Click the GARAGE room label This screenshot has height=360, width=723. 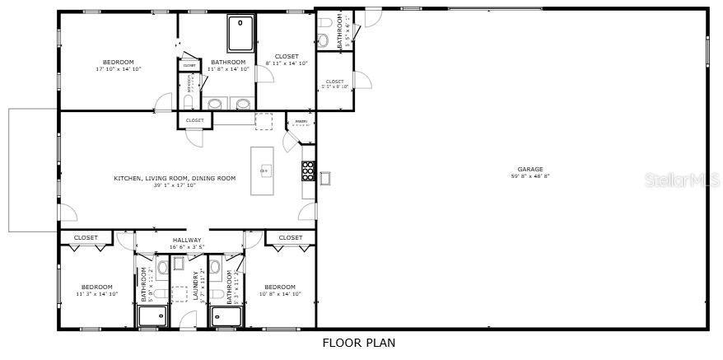click(x=530, y=169)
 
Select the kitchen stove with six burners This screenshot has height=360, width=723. click(x=308, y=171)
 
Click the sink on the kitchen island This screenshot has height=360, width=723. click(x=266, y=171)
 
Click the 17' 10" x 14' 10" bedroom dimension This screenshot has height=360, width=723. click(x=119, y=69)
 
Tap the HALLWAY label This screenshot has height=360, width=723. click(x=186, y=240)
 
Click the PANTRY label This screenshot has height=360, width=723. click(x=301, y=123)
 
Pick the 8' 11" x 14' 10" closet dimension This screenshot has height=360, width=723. click(x=287, y=63)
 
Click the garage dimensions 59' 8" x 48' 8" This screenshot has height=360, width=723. click(x=530, y=175)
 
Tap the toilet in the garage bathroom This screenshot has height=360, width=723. click(x=324, y=40)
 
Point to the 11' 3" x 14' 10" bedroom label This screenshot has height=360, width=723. click(x=97, y=293)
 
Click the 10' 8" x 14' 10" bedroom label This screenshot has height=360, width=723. click(x=280, y=293)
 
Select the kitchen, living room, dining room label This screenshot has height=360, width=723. click(x=175, y=178)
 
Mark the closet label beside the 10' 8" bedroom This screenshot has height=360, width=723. click(x=290, y=237)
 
